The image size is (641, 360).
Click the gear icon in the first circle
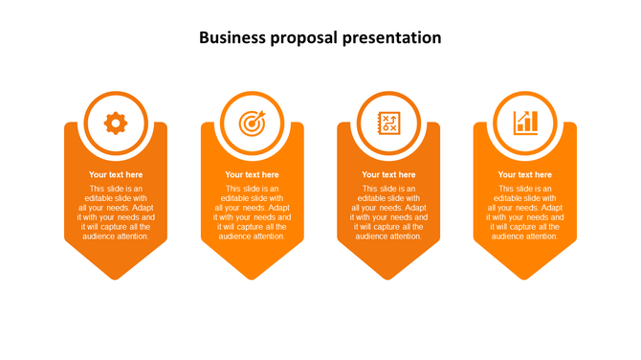(116, 122)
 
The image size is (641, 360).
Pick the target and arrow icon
(252, 122)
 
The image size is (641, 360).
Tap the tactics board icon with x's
(388, 122)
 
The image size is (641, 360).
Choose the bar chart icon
(525, 122)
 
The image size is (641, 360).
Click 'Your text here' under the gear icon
(116, 174)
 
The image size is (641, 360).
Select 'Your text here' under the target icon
(252, 174)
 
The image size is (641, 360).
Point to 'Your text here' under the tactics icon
(388, 174)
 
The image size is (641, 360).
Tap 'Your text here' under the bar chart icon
(524, 174)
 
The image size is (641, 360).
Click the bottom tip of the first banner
(116, 277)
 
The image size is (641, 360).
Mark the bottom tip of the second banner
(252, 277)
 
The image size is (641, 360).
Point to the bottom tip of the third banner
(388, 277)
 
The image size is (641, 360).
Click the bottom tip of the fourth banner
(524, 277)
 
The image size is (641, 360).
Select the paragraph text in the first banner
(116, 213)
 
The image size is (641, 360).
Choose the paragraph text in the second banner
(252, 213)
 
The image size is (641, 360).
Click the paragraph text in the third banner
(388, 213)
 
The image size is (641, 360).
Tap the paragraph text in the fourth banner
(524, 213)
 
